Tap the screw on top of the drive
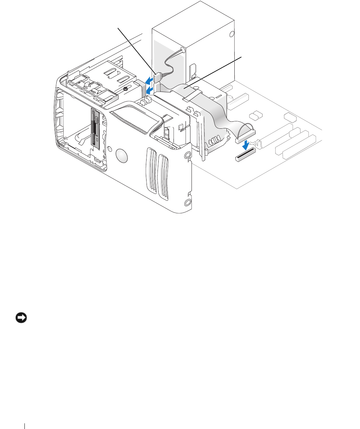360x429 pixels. coord(126,90)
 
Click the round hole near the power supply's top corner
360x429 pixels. coord(232,34)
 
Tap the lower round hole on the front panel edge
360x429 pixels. coord(188,203)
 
